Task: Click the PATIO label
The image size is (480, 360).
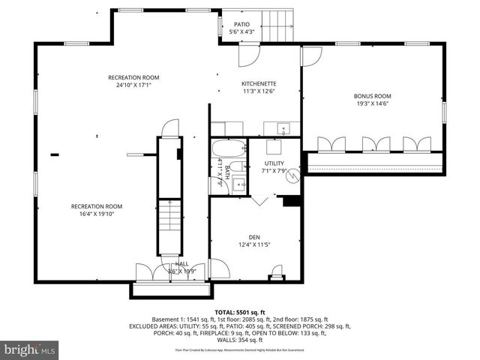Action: [x=241, y=24]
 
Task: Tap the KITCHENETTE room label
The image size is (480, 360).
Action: [x=259, y=83]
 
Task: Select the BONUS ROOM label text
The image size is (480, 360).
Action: [x=373, y=96]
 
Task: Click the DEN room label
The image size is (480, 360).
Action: [x=254, y=236]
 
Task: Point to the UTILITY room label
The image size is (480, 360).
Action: [x=273, y=163]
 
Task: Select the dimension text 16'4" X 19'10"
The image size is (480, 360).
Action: [x=97, y=214]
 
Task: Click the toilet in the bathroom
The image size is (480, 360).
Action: [x=235, y=166]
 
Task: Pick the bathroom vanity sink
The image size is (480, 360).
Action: [x=238, y=183]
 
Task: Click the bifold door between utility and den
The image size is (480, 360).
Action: [x=261, y=201]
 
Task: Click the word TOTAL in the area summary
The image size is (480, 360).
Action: [x=226, y=311]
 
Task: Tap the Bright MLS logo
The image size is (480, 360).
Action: [x=30, y=349]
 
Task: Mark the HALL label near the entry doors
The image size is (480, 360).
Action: [x=182, y=264]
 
